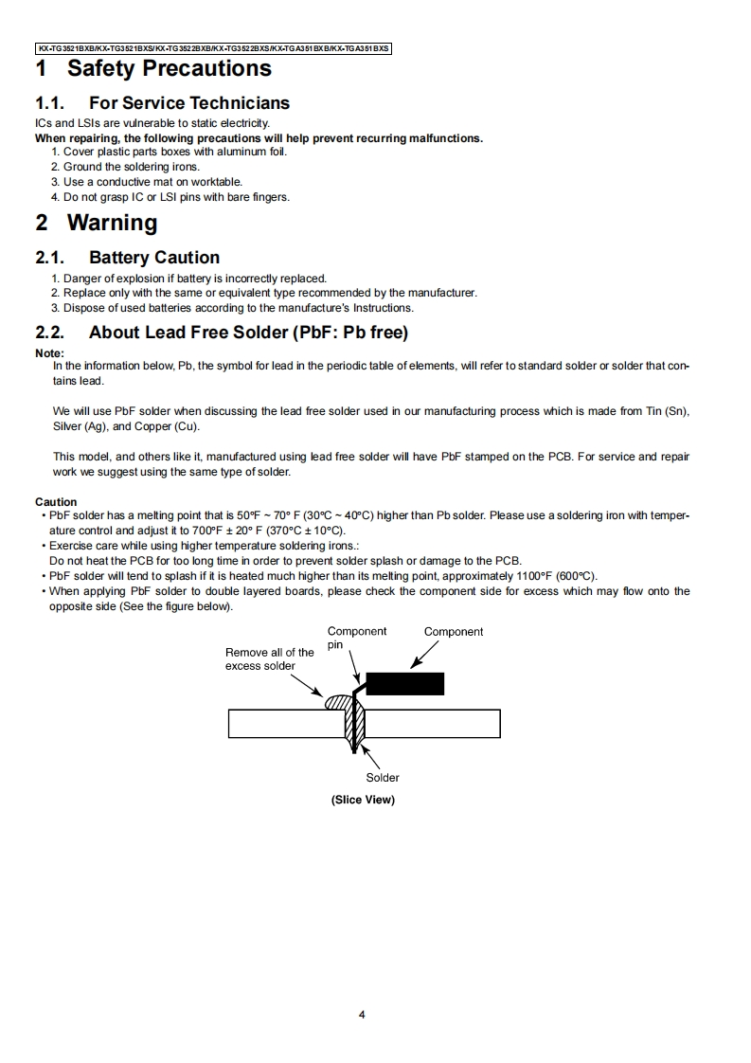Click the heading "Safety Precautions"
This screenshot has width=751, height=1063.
point(169,68)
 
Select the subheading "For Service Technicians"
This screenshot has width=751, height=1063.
point(188,102)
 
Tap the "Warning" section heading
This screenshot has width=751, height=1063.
point(112,223)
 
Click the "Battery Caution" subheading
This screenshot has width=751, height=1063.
point(153,257)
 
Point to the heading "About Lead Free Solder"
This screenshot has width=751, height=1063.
point(248,332)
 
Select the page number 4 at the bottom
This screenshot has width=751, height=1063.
point(362,1015)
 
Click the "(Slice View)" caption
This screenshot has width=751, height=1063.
point(363,800)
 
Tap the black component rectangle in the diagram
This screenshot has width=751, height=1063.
point(404,683)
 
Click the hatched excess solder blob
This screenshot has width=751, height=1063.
point(337,703)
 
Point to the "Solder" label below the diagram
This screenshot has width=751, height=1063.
point(383,778)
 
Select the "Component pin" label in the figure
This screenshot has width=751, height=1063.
point(356,638)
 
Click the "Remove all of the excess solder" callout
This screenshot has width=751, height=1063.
point(269,658)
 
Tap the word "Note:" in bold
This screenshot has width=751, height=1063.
point(49,353)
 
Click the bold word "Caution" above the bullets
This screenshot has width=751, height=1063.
point(56,502)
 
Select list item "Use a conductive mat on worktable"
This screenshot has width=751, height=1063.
point(152,182)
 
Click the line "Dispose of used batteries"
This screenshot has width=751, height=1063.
point(238,308)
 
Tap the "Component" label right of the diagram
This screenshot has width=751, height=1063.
point(454,632)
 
